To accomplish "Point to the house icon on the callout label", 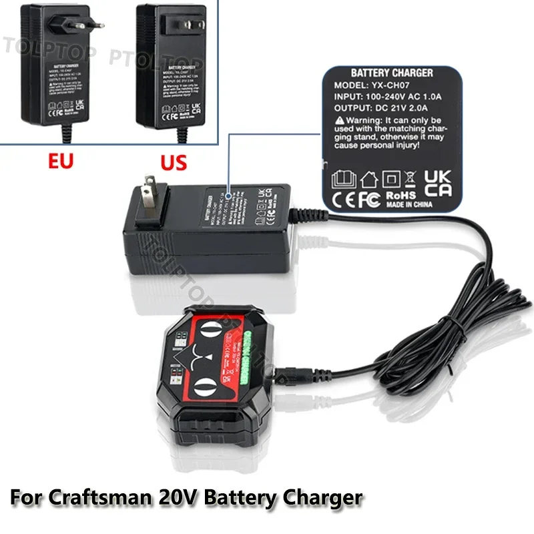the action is [x=368, y=178].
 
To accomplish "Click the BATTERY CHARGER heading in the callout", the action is [x=391, y=73].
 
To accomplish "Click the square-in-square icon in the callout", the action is [x=390, y=178].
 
